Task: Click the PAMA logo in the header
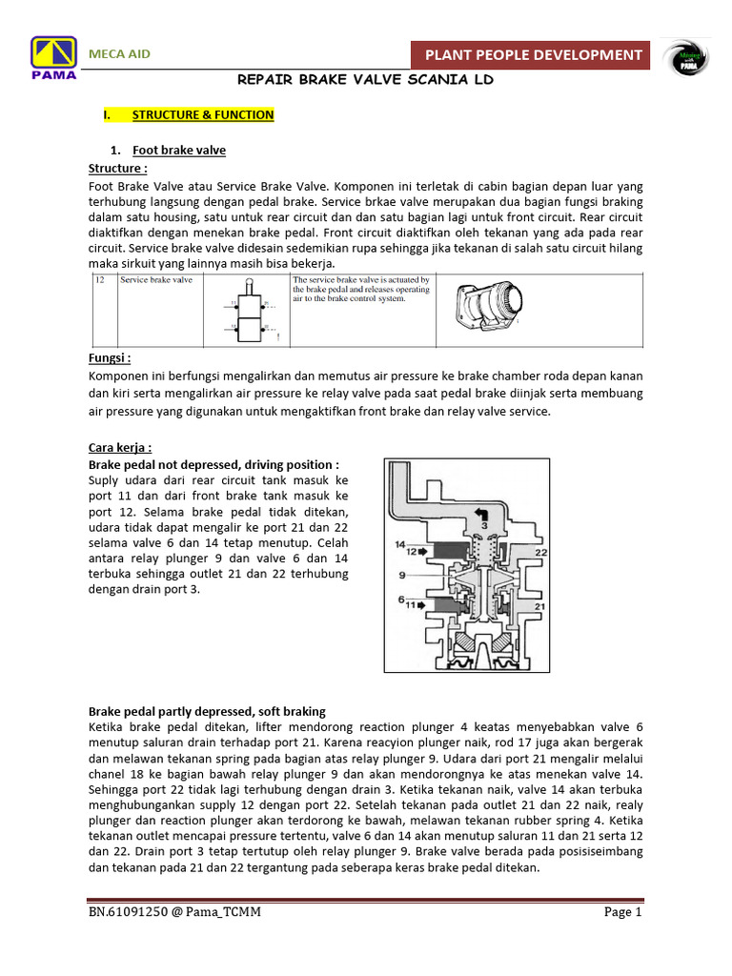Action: coord(54,60)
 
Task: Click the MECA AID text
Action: coord(119,53)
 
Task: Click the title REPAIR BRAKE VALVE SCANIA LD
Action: coord(365,81)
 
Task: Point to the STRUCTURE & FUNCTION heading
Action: coord(203,115)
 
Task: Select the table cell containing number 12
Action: coord(99,280)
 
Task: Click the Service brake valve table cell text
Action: coord(156,280)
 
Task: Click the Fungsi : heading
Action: coord(110,358)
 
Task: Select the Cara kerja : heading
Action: coord(120,447)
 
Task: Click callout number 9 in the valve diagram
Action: coord(402,575)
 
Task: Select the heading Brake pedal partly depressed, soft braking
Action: coord(207,711)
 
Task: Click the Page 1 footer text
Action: coord(623,912)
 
